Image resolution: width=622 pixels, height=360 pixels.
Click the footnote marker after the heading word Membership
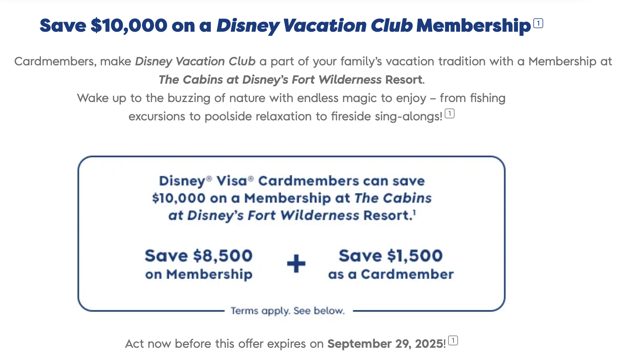click(538, 23)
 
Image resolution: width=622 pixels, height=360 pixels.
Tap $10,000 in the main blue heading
click(129, 26)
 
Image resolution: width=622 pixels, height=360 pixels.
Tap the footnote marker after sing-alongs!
click(450, 114)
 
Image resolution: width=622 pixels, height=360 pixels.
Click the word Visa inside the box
click(232, 181)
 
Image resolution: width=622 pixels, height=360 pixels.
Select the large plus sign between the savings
click(296, 264)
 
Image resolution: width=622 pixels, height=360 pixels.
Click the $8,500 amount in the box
click(223, 256)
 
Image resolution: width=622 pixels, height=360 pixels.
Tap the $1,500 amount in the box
click(415, 256)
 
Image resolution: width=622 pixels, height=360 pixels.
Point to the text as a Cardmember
click(391, 274)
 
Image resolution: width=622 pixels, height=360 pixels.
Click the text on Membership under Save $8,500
click(199, 274)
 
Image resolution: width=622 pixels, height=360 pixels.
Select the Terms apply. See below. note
click(288, 311)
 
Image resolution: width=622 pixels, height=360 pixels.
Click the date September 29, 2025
click(386, 344)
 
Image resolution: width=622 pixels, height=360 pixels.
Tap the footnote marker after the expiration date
click(453, 341)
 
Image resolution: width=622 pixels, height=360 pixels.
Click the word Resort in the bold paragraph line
click(404, 80)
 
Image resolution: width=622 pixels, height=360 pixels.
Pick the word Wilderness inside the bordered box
click(320, 216)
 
